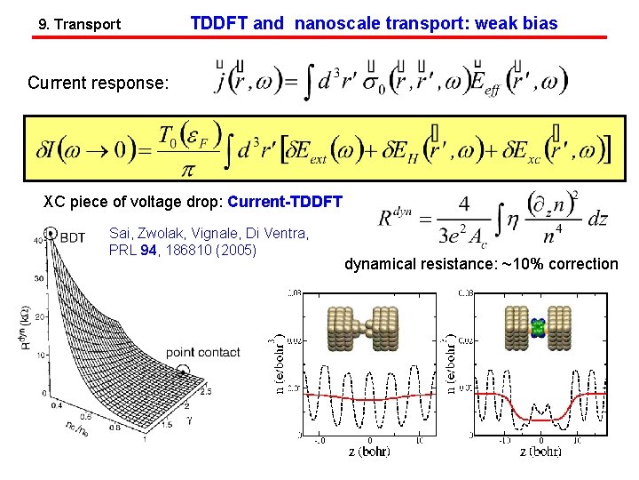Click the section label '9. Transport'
pyautogui.click(x=80, y=25)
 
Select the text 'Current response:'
pyautogui.click(x=98, y=84)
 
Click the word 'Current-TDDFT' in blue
pyautogui.click(x=285, y=202)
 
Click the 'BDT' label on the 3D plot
pyautogui.click(x=73, y=236)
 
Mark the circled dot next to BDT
pyautogui.click(x=52, y=235)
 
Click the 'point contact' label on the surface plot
pyautogui.click(x=202, y=352)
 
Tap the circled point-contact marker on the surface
pyautogui.click(x=183, y=371)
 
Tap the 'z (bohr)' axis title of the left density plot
pyautogui.click(x=369, y=451)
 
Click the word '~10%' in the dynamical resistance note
pyautogui.click(x=519, y=264)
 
